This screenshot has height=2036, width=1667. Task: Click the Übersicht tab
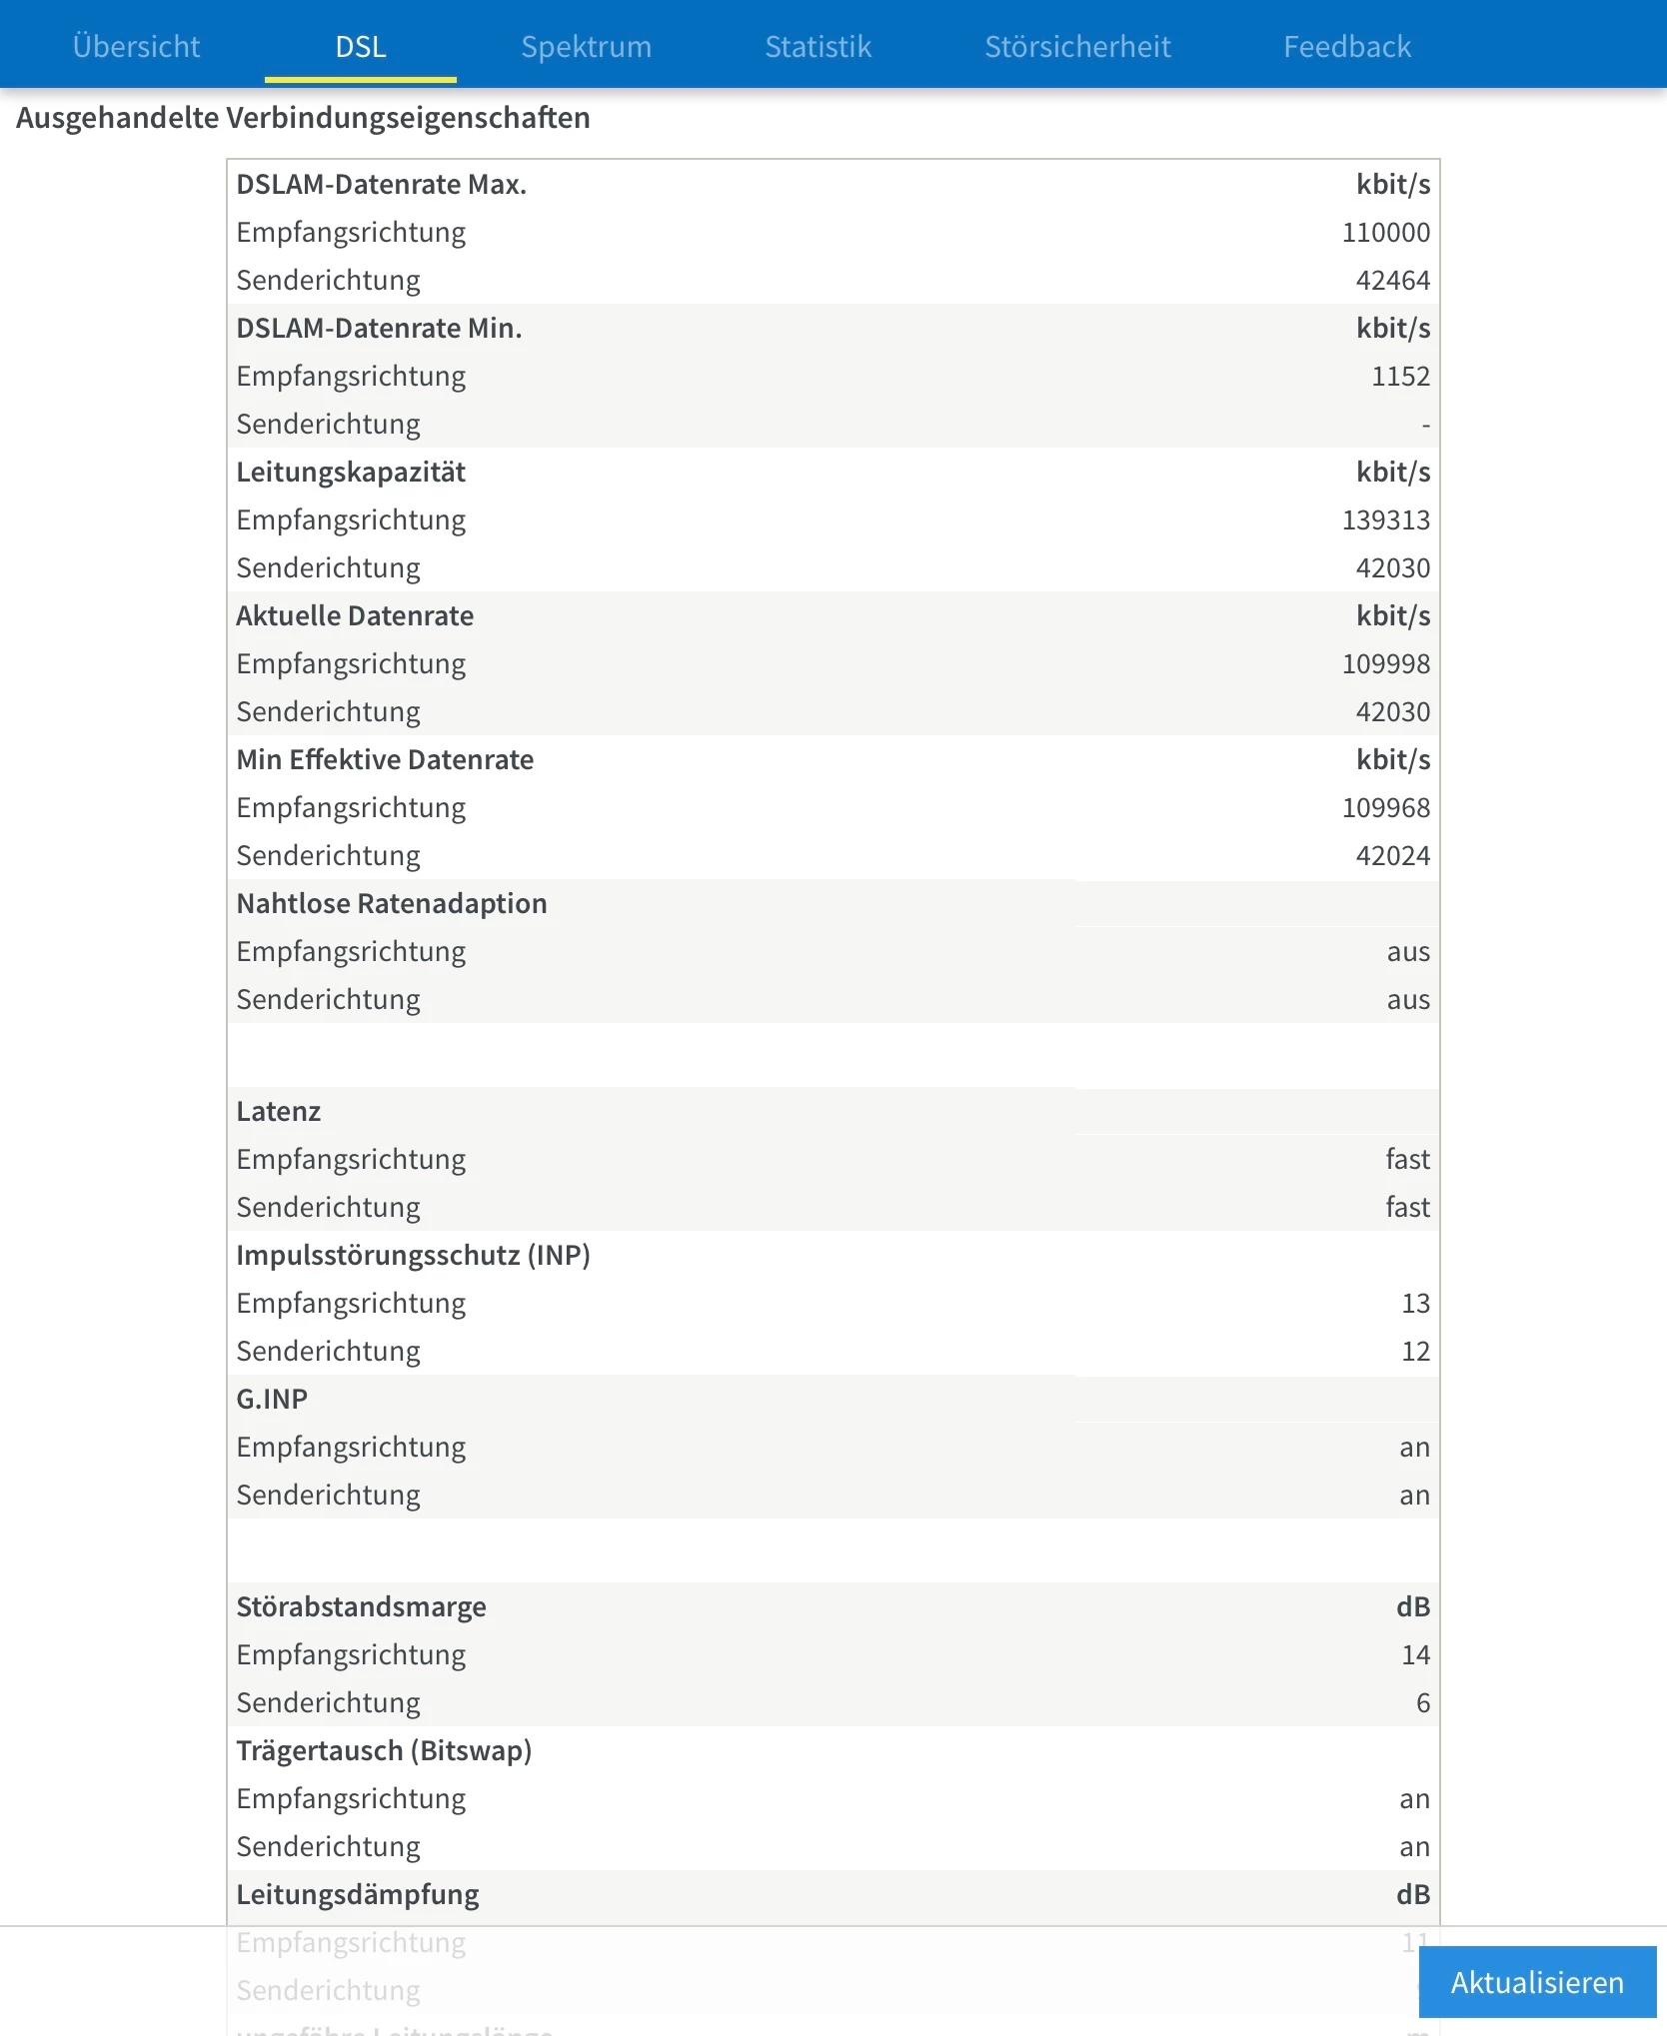[136, 47]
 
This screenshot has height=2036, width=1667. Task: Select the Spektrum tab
[586, 47]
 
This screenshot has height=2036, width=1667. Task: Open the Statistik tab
[818, 47]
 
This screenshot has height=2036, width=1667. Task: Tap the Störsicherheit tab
[1077, 47]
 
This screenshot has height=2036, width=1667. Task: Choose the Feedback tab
[1347, 47]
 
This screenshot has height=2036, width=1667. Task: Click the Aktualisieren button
[1537, 1982]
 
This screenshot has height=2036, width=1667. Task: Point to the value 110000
[1385, 233]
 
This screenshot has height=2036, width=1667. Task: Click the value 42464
[1392, 281]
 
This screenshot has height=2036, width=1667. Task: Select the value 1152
[1400, 377]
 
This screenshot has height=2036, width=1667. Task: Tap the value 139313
[1385, 520]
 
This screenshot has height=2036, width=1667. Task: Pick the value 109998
[1385, 664]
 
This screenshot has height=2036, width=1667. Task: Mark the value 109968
[1385, 808]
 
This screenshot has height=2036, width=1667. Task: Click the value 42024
[1392, 856]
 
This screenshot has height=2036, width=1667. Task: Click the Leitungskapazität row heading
[351, 473]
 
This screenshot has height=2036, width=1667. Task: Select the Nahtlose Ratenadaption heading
[392, 904]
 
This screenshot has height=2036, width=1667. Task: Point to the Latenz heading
[279, 1112]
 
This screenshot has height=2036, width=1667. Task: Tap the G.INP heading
[272, 1400]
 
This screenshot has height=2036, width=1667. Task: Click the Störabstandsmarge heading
[361, 1607]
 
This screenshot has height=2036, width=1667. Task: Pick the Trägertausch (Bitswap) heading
[384, 1751]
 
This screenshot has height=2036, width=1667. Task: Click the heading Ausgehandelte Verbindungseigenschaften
[303, 118]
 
